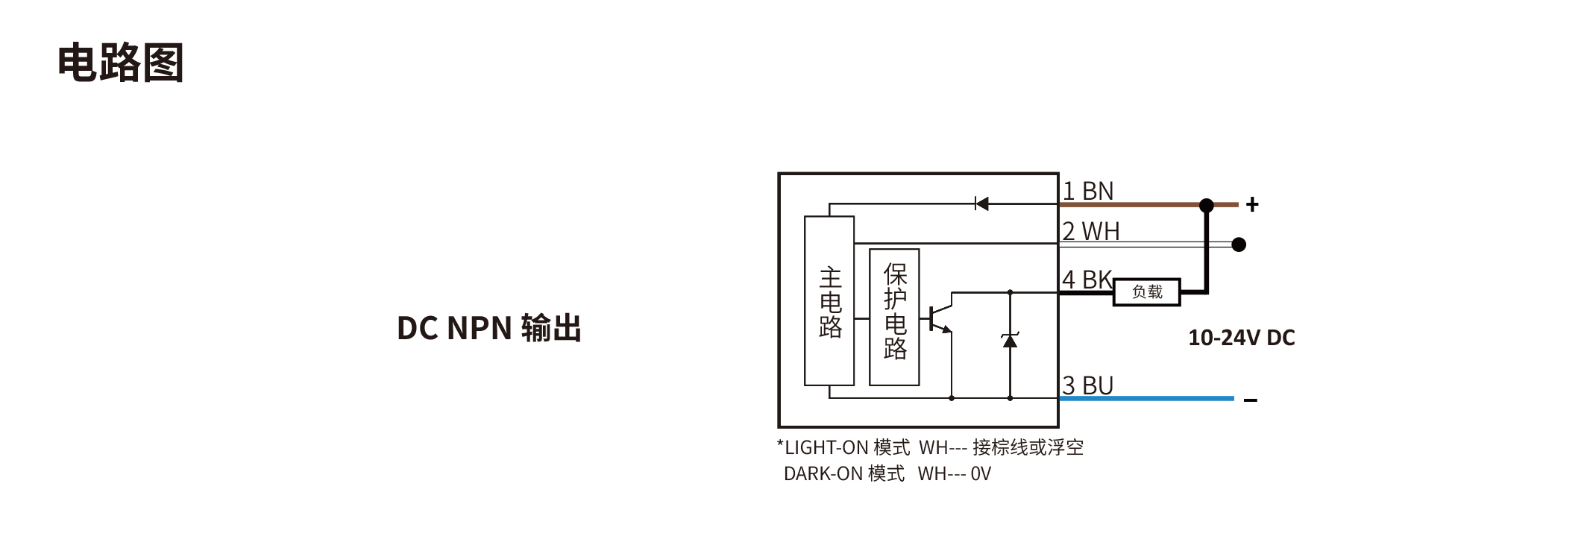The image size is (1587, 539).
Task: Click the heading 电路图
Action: [x=121, y=63]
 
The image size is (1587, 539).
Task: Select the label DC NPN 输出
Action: [x=488, y=328]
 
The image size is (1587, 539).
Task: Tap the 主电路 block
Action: [x=829, y=301]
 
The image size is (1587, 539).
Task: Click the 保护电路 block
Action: [x=894, y=318]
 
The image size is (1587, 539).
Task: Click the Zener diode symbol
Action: [x=1010, y=341]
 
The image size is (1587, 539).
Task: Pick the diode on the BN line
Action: [x=981, y=204]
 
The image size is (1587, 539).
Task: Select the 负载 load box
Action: [x=1147, y=292]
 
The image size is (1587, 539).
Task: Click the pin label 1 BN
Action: [x=1087, y=192]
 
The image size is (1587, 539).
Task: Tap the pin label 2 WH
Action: [x=1090, y=232]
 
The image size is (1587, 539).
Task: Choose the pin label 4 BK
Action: [x=1087, y=280]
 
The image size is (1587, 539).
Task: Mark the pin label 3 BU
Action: [x=1087, y=385]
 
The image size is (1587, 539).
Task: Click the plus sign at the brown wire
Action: [x=1252, y=204]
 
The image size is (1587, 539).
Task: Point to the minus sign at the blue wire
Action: [x=1251, y=400]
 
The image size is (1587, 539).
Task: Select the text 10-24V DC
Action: [x=1241, y=338]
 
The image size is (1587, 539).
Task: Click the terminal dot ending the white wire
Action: [x=1239, y=245]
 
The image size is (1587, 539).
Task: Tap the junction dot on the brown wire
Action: [x=1207, y=204]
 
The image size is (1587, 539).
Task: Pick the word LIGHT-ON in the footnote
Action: [x=826, y=447]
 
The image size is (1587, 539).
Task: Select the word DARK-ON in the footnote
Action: [x=823, y=474]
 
